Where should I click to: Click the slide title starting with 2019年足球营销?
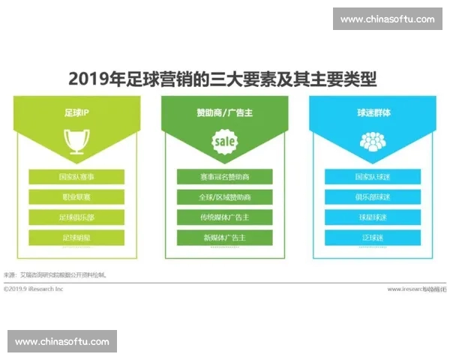pos(223,78)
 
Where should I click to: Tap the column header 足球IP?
pos(77,114)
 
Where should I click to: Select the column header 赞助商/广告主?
pos(224,114)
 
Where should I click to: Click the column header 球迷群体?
pos(373,114)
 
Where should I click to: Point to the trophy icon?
pos(77,140)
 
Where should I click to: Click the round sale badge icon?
pos(224,140)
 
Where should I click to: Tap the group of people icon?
pos(373,140)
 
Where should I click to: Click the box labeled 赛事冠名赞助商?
pos(225,178)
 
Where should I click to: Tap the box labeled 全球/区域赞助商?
pos(225,197)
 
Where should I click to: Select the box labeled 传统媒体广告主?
pos(225,217)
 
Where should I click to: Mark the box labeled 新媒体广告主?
pos(225,238)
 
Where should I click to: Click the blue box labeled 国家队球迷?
pos(373,178)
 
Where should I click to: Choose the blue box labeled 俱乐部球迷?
pos(373,197)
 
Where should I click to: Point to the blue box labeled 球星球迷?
pos(373,217)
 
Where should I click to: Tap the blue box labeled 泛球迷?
pos(373,238)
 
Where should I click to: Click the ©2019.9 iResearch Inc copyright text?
pos(34,289)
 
